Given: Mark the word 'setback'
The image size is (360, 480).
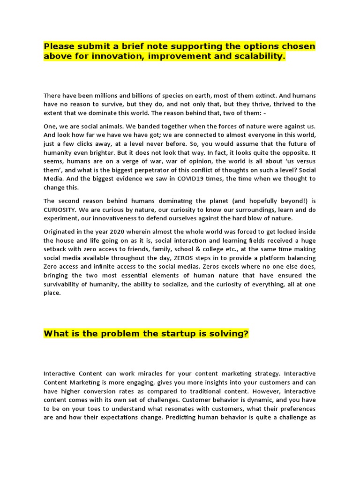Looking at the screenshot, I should pos(56,250).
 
